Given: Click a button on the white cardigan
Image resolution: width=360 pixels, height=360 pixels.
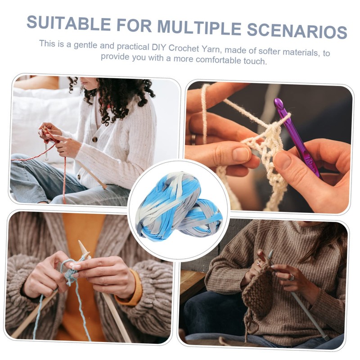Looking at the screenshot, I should coord(95,139).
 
